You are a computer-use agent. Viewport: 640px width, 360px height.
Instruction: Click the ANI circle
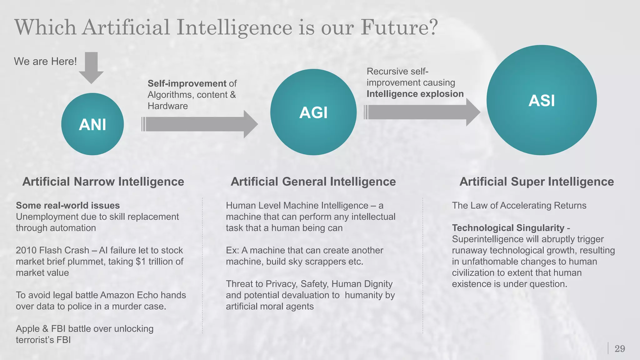pos(92,124)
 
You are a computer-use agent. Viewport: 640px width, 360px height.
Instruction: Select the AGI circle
pos(313,112)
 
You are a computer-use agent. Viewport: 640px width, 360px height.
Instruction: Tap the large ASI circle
pos(542,100)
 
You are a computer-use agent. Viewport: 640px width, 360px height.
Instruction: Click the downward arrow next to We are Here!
pos(91,67)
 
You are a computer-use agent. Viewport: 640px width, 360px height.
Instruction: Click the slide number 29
pos(620,348)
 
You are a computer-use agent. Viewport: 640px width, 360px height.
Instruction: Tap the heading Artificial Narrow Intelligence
pos(103,182)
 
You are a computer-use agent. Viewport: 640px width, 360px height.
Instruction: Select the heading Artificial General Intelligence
pos(313,182)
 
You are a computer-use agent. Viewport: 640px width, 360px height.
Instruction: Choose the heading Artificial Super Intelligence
pos(537,182)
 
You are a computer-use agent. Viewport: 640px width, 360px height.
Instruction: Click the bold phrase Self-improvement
pos(187,83)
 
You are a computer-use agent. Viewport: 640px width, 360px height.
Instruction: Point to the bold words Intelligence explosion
pos(415,94)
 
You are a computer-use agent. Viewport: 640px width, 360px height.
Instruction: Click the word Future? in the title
pos(399,27)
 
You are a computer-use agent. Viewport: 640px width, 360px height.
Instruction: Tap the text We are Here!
pos(45,61)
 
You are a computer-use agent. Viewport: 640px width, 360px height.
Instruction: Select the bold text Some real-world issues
pos(68,205)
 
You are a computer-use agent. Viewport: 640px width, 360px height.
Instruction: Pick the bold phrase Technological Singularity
pos(508,228)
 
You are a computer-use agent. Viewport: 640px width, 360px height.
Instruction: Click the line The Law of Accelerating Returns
pos(519,205)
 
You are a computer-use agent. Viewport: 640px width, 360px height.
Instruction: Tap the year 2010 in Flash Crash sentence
pos(26,250)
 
